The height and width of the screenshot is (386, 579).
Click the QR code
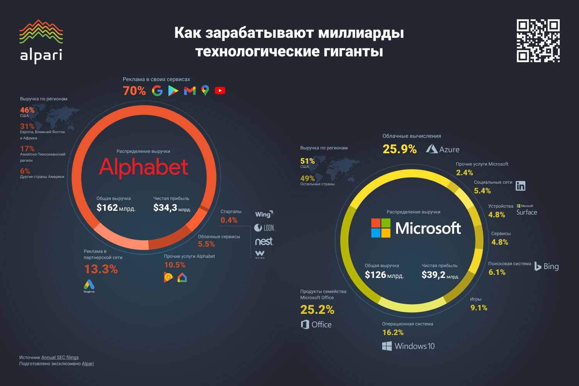pos(538,41)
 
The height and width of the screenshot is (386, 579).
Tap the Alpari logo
pos(41,42)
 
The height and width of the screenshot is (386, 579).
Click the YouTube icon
pos(220,91)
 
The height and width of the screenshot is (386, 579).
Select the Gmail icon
pos(190,91)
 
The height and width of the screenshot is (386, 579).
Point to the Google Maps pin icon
pos(205,90)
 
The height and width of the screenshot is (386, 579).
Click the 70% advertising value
pos(134,91)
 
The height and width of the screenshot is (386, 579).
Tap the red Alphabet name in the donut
pos(144,167)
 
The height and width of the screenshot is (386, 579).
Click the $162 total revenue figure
pos(107,208)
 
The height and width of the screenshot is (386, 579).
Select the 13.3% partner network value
pos(101,269)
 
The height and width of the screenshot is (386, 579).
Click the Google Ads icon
pos(89,285)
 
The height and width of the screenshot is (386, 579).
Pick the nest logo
pos(264,242)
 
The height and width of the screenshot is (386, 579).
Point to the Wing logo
pos(264,214)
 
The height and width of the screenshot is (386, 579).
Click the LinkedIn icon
pos(520,186)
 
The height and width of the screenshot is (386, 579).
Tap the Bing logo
pos(547,266)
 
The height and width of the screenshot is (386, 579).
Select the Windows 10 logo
pos(408,346)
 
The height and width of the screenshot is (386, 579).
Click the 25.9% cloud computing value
pos(400,149)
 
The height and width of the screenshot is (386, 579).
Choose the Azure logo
pos(443,149)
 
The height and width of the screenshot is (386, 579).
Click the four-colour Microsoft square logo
pos(381,228)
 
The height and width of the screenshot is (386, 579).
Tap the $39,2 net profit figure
pos(433,275)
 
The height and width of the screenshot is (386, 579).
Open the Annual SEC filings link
pos(60,357)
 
